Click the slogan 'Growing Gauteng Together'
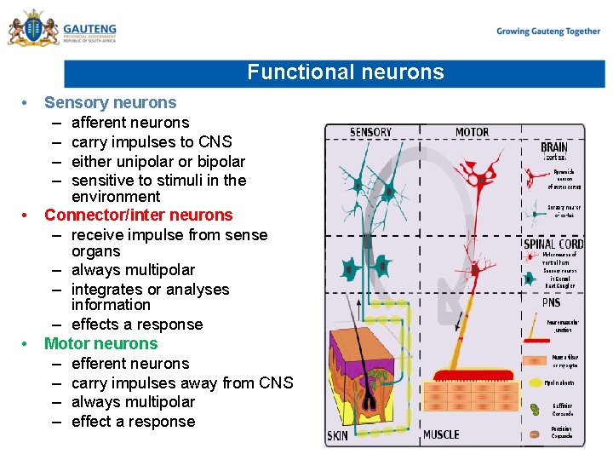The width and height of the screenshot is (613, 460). pos(548,32)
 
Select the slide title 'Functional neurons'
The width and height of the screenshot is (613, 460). pos(346,72)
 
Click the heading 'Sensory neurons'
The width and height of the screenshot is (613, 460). pos(110,103)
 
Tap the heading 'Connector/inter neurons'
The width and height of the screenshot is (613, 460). pos(138,216)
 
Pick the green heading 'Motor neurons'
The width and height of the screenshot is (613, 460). pos(100,344)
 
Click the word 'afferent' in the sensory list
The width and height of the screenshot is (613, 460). pos(100,123)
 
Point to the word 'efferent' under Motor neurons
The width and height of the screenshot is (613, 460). pos(100,364)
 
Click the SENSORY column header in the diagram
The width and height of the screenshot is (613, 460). pos(370,132)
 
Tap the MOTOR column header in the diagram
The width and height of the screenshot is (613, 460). pos(472,132)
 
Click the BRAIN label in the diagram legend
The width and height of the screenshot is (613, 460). pos(554,147)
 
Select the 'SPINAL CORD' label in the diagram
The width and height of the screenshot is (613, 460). pos(553,244)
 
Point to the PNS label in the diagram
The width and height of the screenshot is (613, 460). pos(551,302)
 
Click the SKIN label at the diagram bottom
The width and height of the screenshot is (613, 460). pos(338,435)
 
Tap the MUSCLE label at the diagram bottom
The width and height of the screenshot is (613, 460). pos(441,435)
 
